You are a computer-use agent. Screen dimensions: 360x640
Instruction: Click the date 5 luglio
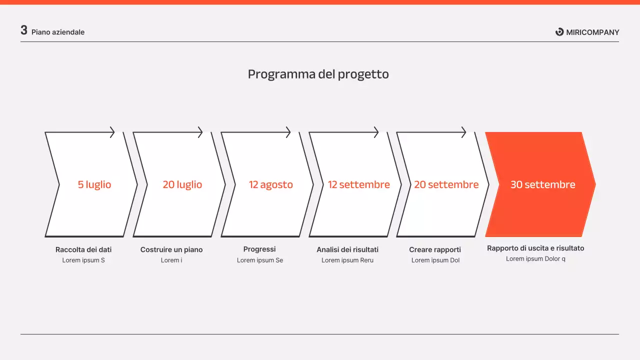pos(94,184)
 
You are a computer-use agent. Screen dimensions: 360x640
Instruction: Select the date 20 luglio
pos(182,184)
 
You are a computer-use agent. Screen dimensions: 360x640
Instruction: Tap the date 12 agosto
pos(271,184)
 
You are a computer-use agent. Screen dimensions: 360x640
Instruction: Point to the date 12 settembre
pos(359,184)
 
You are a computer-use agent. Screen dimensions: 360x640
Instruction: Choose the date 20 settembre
pos(446,184)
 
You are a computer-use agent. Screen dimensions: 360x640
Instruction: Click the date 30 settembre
pos(543,184)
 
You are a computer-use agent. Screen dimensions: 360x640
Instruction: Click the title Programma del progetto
pos(318,74)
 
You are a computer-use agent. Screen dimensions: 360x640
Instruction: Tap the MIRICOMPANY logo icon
pos(559,32)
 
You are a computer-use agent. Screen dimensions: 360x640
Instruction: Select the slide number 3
pos(24,30)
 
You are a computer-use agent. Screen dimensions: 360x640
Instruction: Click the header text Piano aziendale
pos(58,32)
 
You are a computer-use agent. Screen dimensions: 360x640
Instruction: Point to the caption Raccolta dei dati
pos(83,249)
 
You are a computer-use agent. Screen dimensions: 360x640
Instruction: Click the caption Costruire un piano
pos(171,249)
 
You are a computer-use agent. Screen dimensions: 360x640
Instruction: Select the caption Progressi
pos(259,249)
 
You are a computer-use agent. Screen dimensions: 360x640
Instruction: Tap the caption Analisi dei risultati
pos(347,249)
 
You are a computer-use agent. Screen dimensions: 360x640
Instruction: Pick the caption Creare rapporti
pos(435,249)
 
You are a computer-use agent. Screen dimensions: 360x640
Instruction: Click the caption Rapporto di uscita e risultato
pos(535,248)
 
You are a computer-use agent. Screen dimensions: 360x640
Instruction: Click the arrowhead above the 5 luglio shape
pos(112,132)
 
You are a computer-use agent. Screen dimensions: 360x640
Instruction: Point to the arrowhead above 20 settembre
pos(463,132)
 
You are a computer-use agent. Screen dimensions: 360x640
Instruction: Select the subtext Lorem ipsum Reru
pos(347,260)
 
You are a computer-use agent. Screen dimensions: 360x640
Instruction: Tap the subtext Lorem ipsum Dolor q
pos(535,258)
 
